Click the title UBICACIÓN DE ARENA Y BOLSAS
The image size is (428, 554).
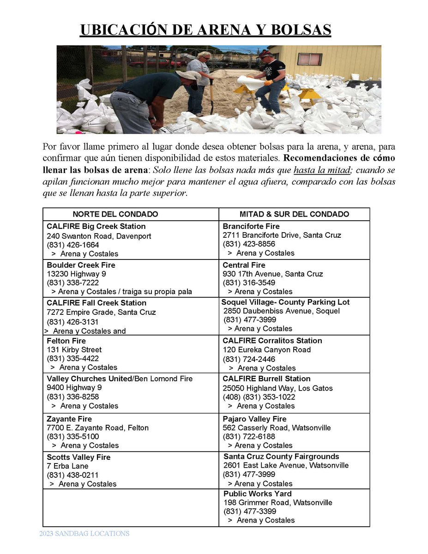point(205,30)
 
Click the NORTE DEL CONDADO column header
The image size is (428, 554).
point(115,214)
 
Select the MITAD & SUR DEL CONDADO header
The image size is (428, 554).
point(294,214)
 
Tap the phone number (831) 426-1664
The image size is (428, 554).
point(72,245)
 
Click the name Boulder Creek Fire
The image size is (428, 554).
point(81,265)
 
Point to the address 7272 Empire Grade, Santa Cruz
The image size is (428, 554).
point(101,312)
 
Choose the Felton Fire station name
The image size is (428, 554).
point(66,341)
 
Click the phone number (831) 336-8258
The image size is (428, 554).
point(72,397)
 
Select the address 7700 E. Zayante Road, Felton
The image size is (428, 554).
point(97,428)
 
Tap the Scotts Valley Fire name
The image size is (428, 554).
point(78,457)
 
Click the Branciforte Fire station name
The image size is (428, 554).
point(251,226)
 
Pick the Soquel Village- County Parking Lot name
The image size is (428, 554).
point(285,302)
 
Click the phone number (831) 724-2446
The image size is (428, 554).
point(249,359)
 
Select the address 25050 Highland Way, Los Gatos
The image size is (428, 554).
point(277,388)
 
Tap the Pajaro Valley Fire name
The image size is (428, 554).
point(254,419)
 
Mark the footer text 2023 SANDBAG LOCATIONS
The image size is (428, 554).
point(84,534)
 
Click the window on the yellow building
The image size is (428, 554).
point(309,59)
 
